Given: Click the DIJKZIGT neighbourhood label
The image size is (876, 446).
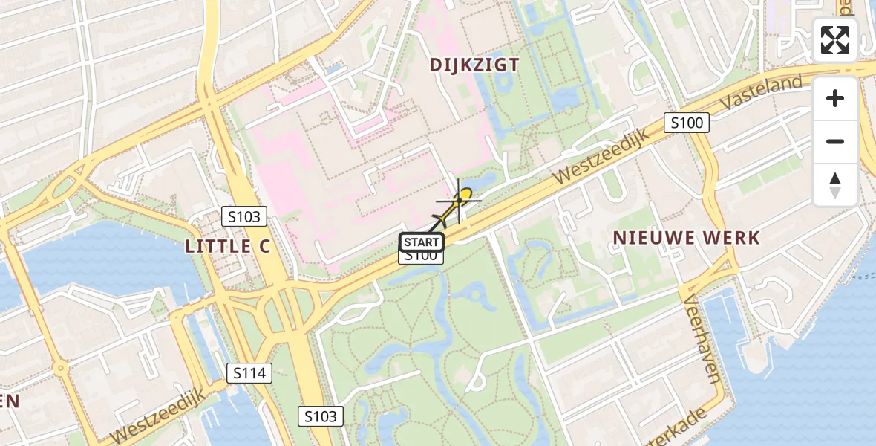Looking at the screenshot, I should (x=474, y=65).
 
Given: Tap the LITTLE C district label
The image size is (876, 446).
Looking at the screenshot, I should (x=228, y=247).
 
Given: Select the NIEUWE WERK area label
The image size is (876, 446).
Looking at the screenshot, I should (x=685, y=238).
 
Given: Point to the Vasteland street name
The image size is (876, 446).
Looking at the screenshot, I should (x=773, y=92).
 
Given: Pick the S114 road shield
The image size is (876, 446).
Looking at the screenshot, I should (x=249, y=373).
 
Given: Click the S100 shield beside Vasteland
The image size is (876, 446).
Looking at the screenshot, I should (x=687, y=123).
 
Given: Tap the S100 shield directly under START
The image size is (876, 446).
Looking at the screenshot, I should (x=421, y=256).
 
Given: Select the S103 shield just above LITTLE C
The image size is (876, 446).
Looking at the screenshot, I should (x=244, y=217).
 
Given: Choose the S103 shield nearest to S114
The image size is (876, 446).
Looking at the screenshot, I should (x=321, y=416).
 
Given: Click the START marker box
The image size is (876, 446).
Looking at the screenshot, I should (x=421, y=242).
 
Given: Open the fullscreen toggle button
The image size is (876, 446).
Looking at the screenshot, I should (x=835, y=40).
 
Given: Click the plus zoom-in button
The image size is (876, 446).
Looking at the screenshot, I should (x=835, y=98).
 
